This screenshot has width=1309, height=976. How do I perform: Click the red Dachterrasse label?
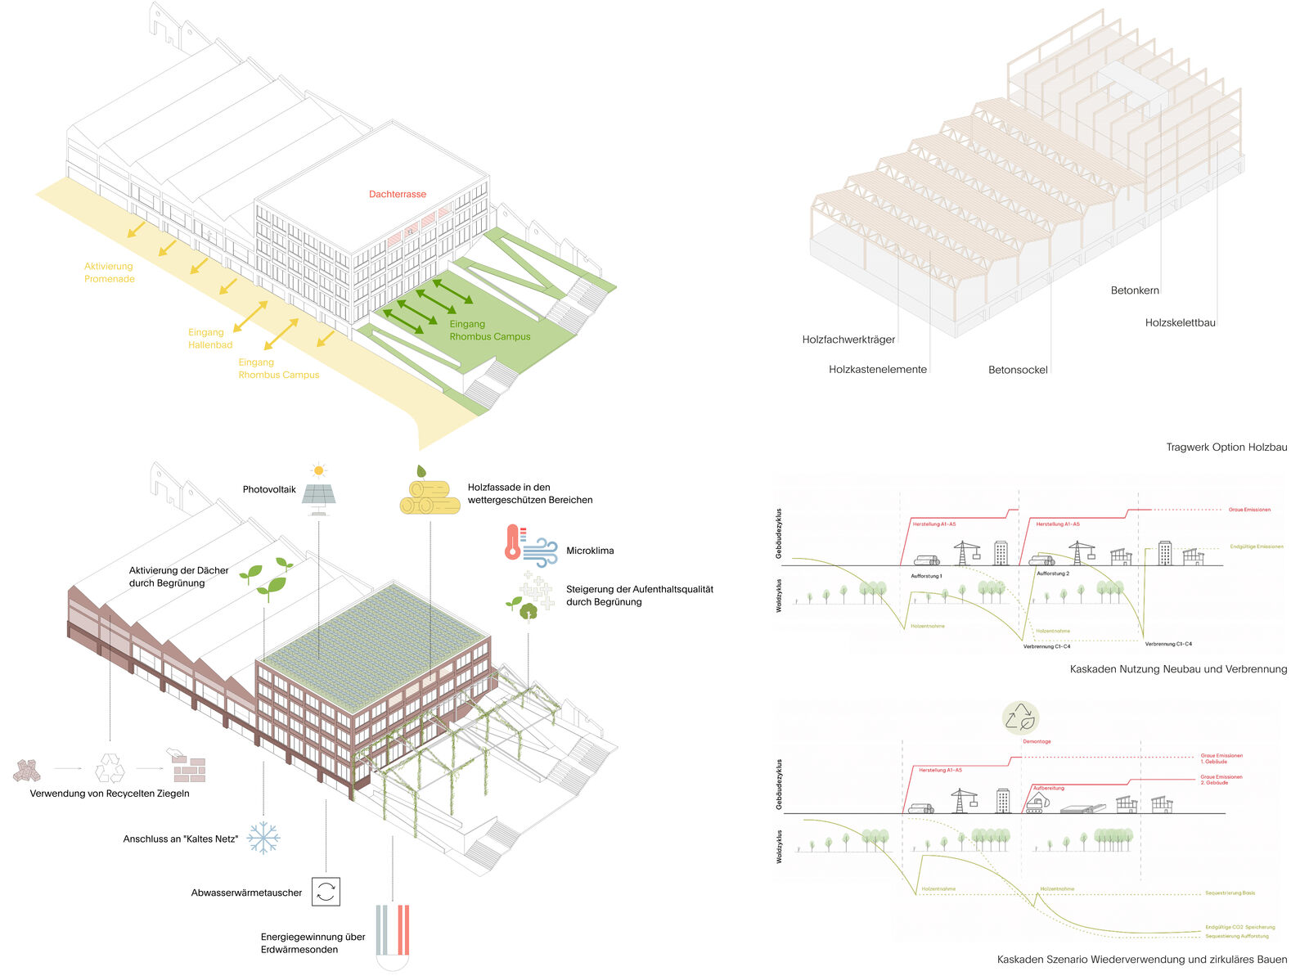[397, 195]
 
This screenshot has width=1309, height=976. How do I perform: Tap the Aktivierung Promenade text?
[109, 272]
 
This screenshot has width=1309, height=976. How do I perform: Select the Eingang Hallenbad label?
[210, 339]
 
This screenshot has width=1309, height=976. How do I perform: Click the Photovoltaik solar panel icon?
[318, 495]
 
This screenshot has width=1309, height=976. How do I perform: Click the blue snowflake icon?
[263, 838]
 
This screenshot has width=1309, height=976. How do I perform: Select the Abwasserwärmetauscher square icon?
[326, 892]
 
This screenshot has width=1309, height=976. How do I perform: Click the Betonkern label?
[1135, 290]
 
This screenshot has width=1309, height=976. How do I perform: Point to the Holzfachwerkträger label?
[848, 340]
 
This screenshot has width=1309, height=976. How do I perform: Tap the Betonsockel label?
[1018, 370]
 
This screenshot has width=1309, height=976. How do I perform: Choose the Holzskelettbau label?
[1180, 323]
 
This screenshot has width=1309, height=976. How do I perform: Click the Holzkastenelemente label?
[877, 370]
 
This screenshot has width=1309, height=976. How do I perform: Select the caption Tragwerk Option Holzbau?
[1226, 448]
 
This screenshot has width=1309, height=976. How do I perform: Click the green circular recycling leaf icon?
[1020, 718]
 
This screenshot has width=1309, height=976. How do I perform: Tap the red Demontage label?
[1037, 742]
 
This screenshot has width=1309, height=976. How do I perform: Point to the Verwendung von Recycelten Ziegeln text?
[110, 794]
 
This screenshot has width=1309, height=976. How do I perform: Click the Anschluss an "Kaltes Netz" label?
[181, 839]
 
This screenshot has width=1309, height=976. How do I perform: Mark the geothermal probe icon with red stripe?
[403, 930]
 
